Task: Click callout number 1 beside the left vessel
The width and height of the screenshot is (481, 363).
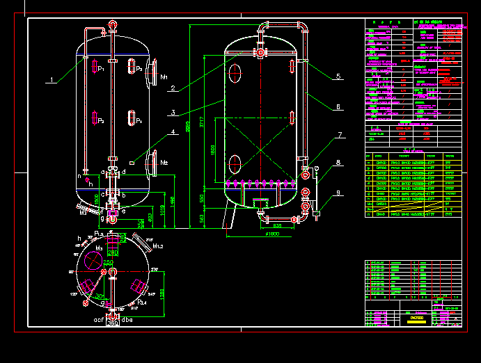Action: coord(50,80)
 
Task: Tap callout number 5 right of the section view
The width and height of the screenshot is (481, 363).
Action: coord(338,76)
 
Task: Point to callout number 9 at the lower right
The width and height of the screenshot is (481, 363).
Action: coord(338,193)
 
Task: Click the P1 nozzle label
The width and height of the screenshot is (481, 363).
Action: coord(101,69)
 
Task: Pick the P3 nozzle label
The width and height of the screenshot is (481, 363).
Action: coord(139,69)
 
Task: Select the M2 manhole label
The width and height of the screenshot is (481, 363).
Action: coord(164,163)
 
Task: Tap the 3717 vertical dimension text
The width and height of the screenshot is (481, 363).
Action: coord(202,124)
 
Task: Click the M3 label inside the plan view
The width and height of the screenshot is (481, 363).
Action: coord(99,248)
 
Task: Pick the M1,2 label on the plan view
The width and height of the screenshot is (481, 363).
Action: coord(157,245)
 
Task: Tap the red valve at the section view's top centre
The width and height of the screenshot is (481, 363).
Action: coord(260,52)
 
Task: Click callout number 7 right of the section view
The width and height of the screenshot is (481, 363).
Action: coord(339,135)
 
